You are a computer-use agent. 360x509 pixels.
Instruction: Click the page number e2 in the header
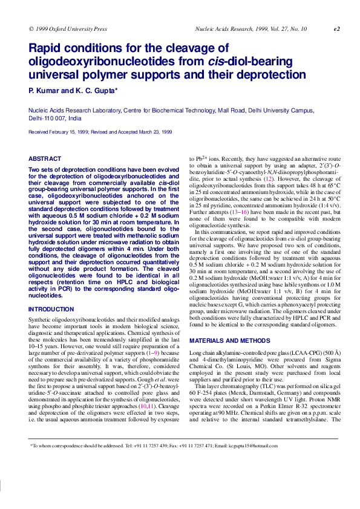337,28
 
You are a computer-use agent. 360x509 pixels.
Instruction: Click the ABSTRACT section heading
45,159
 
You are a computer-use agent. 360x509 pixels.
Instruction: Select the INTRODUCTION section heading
52,310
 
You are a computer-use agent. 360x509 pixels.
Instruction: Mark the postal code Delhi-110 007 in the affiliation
48,118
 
